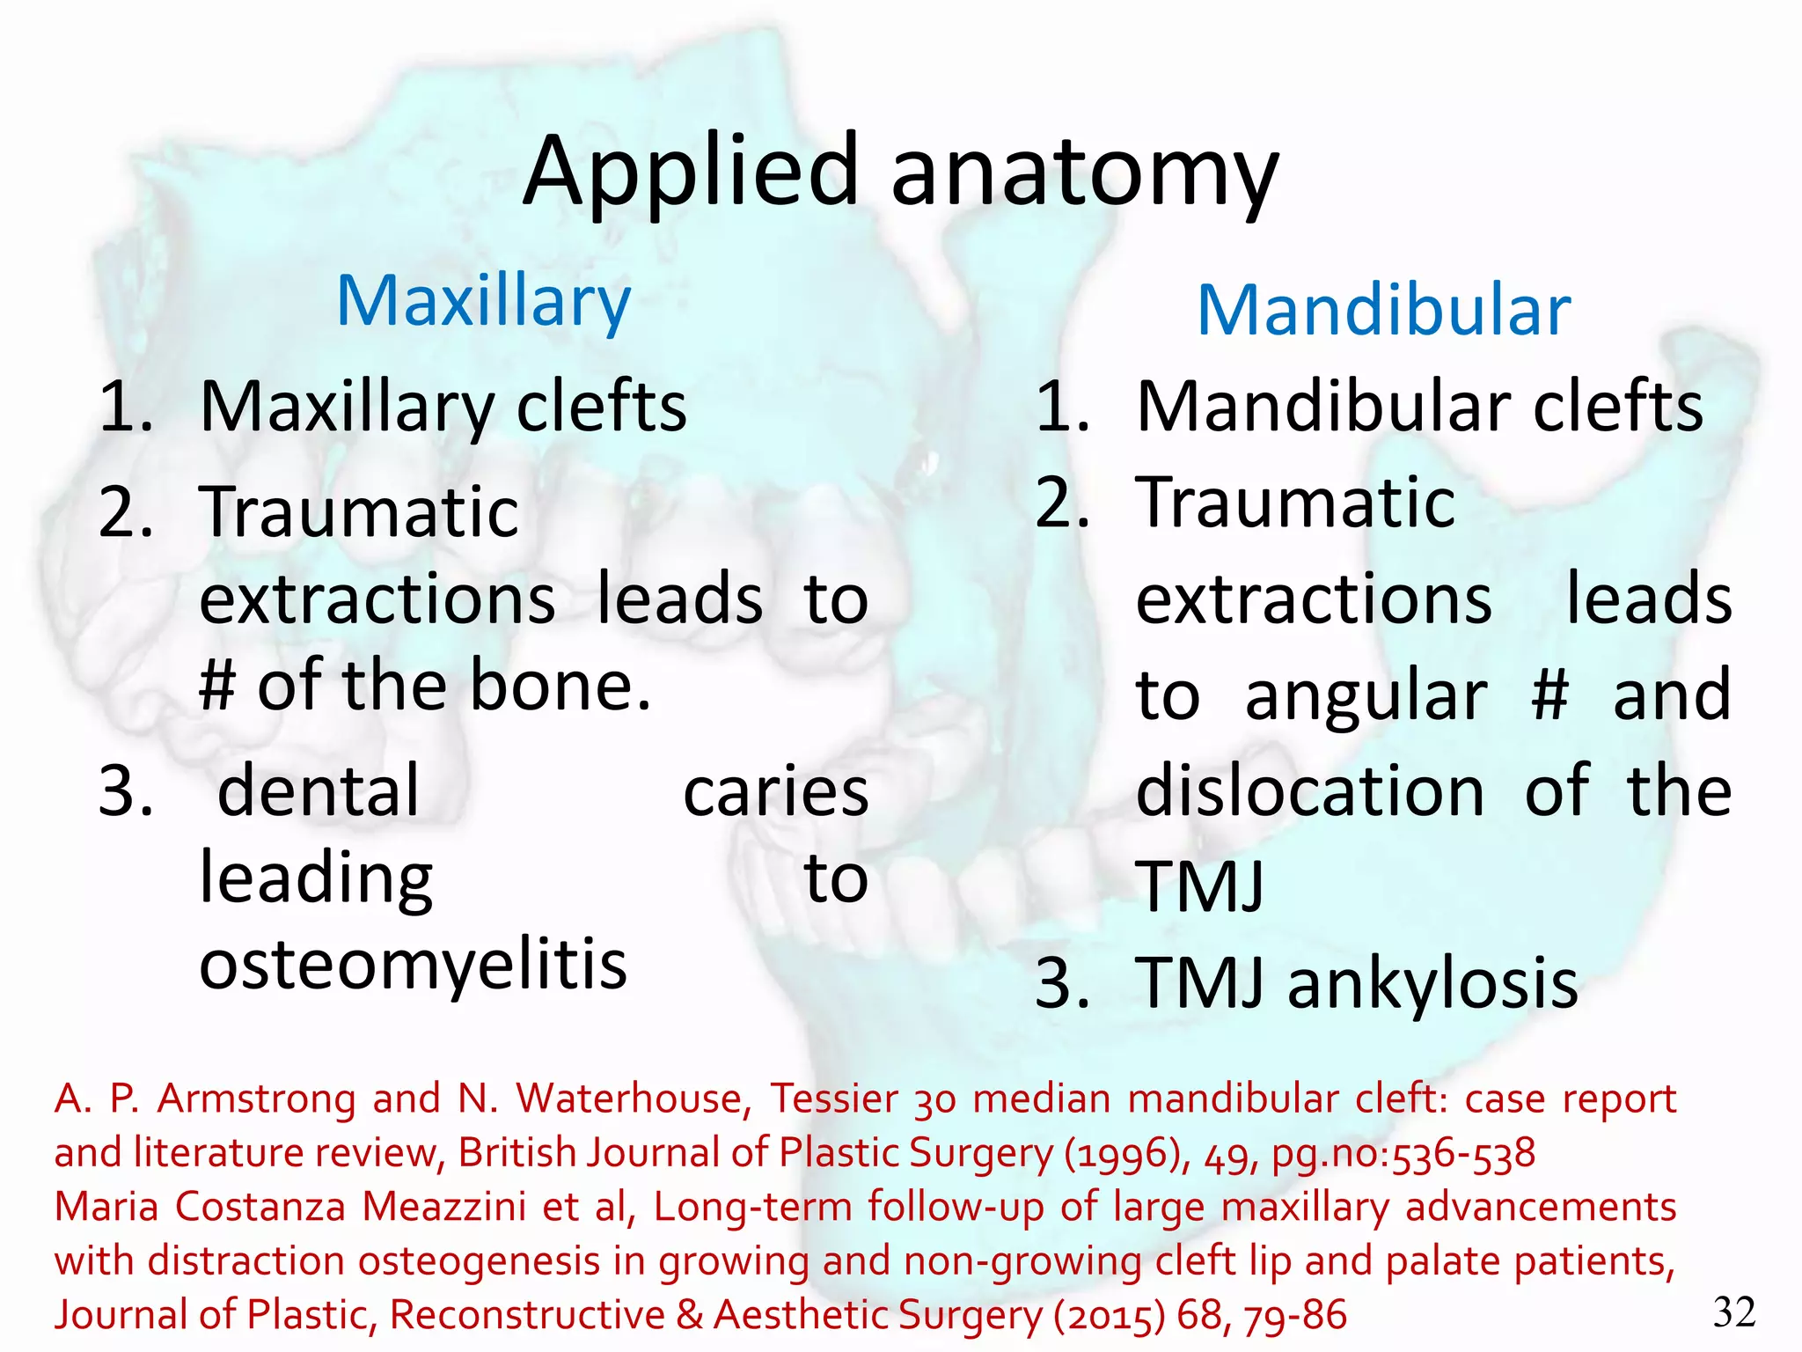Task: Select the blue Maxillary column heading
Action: [x=484, y=302]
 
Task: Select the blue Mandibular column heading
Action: [x=1384, y=311]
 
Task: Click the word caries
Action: [x=775, y=791]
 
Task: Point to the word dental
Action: [x=319, y=791]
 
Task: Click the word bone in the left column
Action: [x=560, y=685]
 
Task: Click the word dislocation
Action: [x=1310, y=791]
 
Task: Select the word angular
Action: [x=1366, y=695]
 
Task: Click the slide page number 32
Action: [x=1734, y=1312]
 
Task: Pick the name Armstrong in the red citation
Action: [x=256, y=1099]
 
